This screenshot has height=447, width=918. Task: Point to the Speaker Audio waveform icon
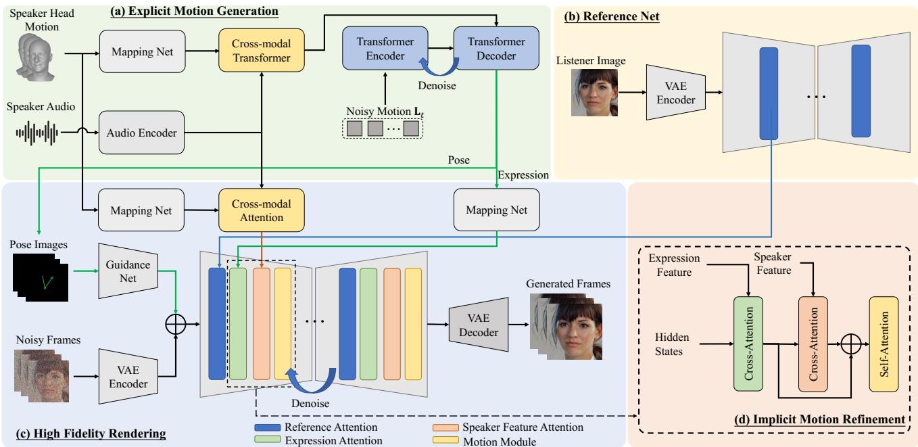click(38, 133)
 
